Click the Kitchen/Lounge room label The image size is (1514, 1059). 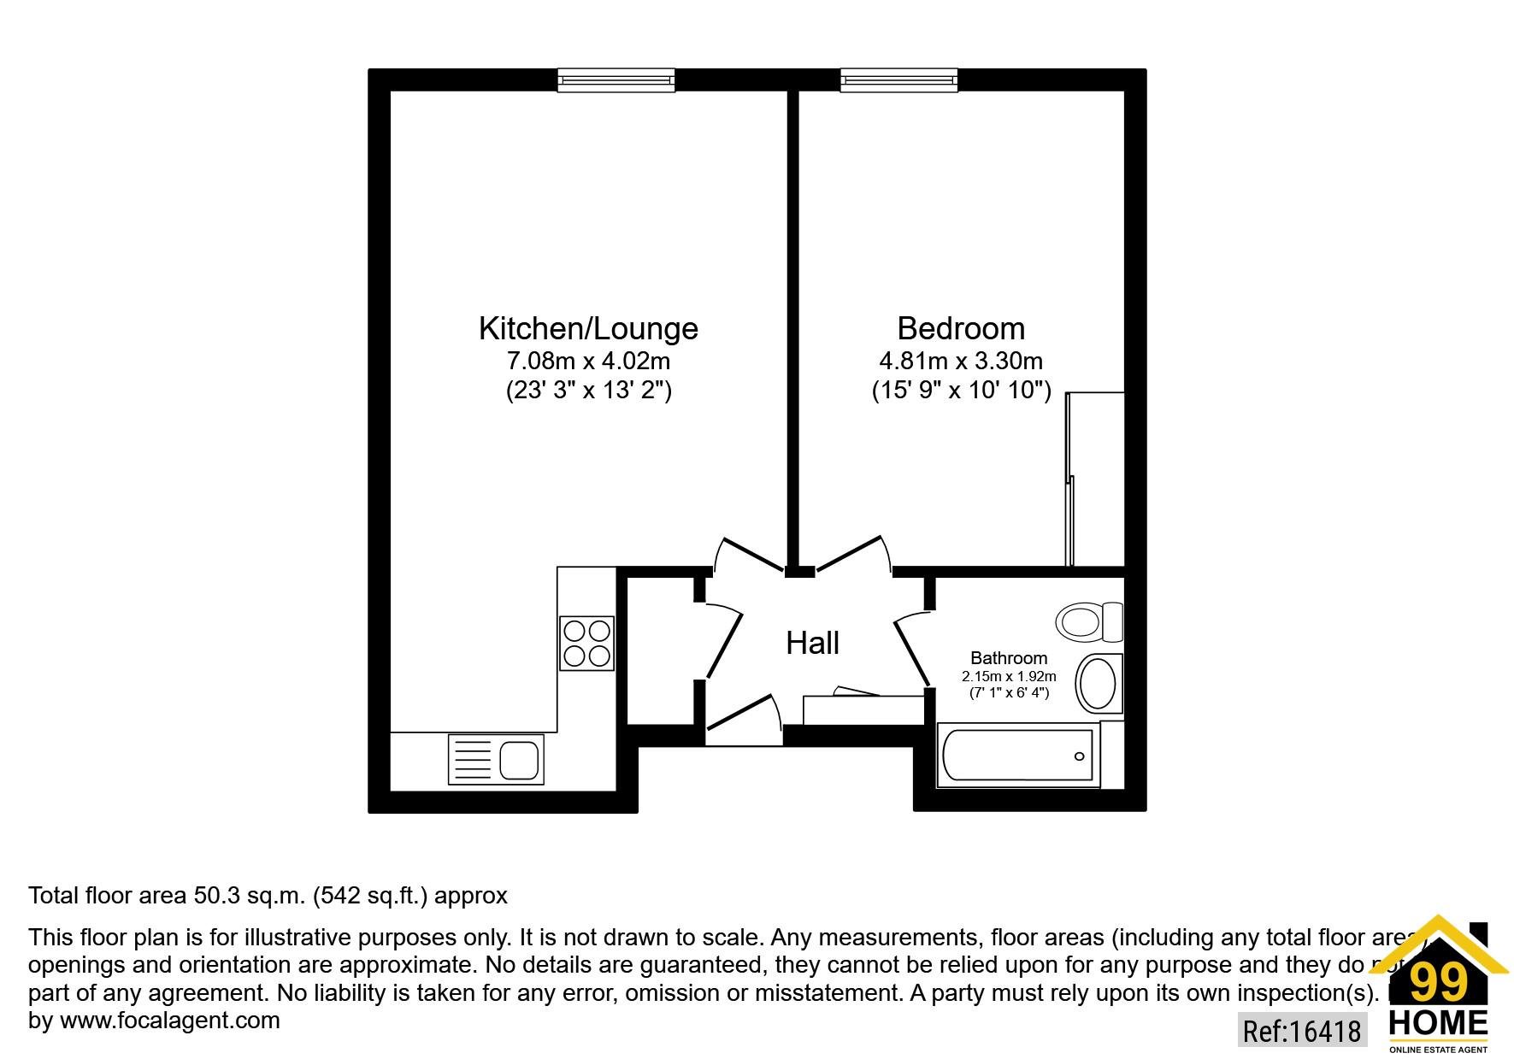tap(588, 329)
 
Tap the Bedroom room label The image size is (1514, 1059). tap(961, 329)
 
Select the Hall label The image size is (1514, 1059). tap(812, 644)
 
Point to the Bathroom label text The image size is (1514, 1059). tap(1009, 658)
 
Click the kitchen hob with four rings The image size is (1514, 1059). tap(586, 643)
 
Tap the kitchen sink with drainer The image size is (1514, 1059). tap(496, 760)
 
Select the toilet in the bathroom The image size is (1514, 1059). tap(1088, 621)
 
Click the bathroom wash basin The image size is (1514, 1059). tap(1099, 684)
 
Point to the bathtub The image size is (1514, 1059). tap(1016, 755)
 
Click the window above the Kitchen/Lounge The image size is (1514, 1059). tap(616, 80)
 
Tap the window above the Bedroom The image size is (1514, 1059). tap(898, 80)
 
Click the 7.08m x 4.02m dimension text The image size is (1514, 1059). tap(588, 361)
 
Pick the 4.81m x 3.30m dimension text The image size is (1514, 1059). tap(961, 361)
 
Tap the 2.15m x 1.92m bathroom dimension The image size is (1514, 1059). tap(1009, 676)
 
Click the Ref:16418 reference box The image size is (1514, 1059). tap(1301, 1031)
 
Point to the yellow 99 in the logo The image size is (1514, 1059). tap(1438, 984)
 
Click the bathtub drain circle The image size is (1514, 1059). tap(1079, 756)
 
